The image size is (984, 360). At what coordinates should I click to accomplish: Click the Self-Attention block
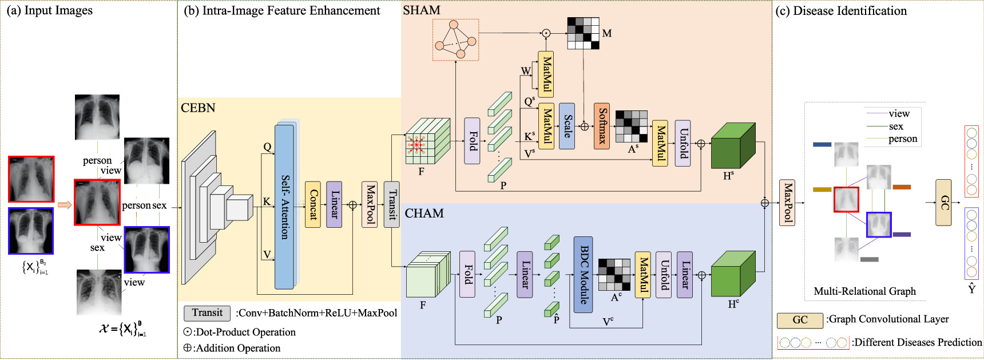point(284,207)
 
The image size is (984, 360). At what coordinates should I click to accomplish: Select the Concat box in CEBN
point(312,204)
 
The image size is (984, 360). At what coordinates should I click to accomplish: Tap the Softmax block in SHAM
point(602,126)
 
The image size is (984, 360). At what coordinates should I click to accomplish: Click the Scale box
point(566,126)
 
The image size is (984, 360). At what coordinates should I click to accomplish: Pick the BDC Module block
point(583,275)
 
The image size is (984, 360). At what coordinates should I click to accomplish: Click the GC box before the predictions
point(943,202)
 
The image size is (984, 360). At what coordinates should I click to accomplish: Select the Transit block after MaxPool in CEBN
point(392,204)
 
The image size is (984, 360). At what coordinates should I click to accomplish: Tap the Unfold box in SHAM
point(683,143)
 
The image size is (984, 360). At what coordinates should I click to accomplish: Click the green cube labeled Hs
point(732,147)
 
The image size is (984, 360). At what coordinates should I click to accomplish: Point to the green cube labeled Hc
point(732,274)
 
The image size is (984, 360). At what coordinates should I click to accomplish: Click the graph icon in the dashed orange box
point(455,40)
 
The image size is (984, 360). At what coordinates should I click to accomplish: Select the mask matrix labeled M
point(583,33)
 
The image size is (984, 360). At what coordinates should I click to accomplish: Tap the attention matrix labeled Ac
point(614,275)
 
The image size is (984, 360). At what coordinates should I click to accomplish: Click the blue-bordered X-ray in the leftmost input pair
point(31,231)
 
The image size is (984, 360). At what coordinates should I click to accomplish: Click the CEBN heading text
point(198,108)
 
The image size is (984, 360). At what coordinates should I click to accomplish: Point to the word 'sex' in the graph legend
point(896,126)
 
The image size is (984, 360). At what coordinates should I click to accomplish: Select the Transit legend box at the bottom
point(207,313)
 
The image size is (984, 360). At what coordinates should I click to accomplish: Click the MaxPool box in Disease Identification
point(787,202)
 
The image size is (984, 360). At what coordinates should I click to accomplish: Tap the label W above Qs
point(525,72)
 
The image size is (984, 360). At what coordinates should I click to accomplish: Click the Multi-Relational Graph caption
point(864,291)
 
